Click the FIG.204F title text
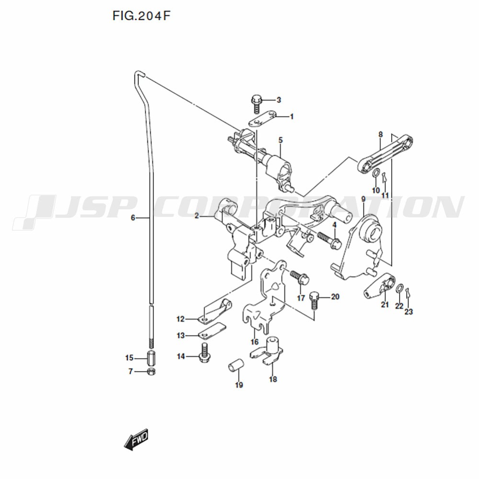click(x=141, y=16)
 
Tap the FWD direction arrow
click(x=136, y=439)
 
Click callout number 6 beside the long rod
click(x=133, y=218)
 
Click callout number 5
click(x=280, y=140)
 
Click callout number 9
click(x=363, y=199)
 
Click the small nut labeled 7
click(x=151, y=372)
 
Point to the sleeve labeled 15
click(x=151, y=358)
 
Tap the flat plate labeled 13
click(x=212, y=331)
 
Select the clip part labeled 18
click(x=267, y=351)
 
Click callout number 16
click(x=254, y=342)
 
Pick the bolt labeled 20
click(x=315, y=301)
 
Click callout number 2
click(x=196, y=216)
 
